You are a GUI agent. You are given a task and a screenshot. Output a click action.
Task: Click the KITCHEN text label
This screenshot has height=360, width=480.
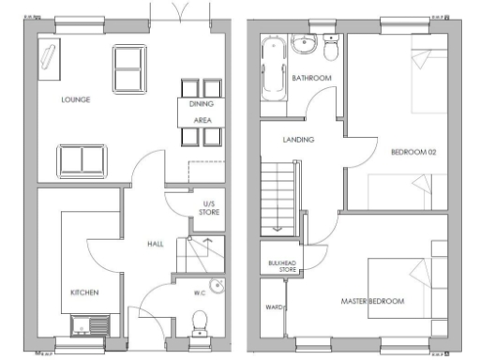[84, 292]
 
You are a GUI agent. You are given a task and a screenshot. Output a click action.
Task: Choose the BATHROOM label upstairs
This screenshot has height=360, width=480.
[311, 78]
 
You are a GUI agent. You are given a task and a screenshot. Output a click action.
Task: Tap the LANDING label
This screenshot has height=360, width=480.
[299, 140]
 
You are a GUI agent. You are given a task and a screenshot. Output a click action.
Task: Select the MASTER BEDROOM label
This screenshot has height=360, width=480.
[373, 301]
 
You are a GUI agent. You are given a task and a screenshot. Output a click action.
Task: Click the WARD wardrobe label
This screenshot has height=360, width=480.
[275, 306]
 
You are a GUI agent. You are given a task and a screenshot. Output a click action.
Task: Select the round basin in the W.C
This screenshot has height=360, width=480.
[217, 288]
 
